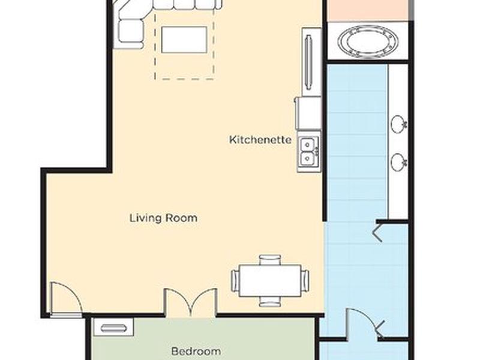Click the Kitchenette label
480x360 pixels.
click(260, 140)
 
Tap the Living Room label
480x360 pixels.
click(163, 218)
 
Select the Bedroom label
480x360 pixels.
click(196, 351)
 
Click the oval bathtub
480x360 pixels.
click(368, 42)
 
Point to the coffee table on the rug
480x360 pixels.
click(184, 40)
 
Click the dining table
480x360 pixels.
click(269, 281)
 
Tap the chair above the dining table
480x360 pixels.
click(269, 260)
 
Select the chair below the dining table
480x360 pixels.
click(269, 301)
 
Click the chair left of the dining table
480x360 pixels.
click(235, 281)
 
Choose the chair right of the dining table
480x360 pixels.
click(305, 281)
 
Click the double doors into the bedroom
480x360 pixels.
click(191, 302)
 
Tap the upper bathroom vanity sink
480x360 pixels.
click(399, 124)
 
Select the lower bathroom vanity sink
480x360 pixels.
click(399, 161)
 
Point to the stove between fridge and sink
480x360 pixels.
click(308, 113)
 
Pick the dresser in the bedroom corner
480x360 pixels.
click(113, 327)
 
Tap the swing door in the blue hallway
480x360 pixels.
click(364, 324)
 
